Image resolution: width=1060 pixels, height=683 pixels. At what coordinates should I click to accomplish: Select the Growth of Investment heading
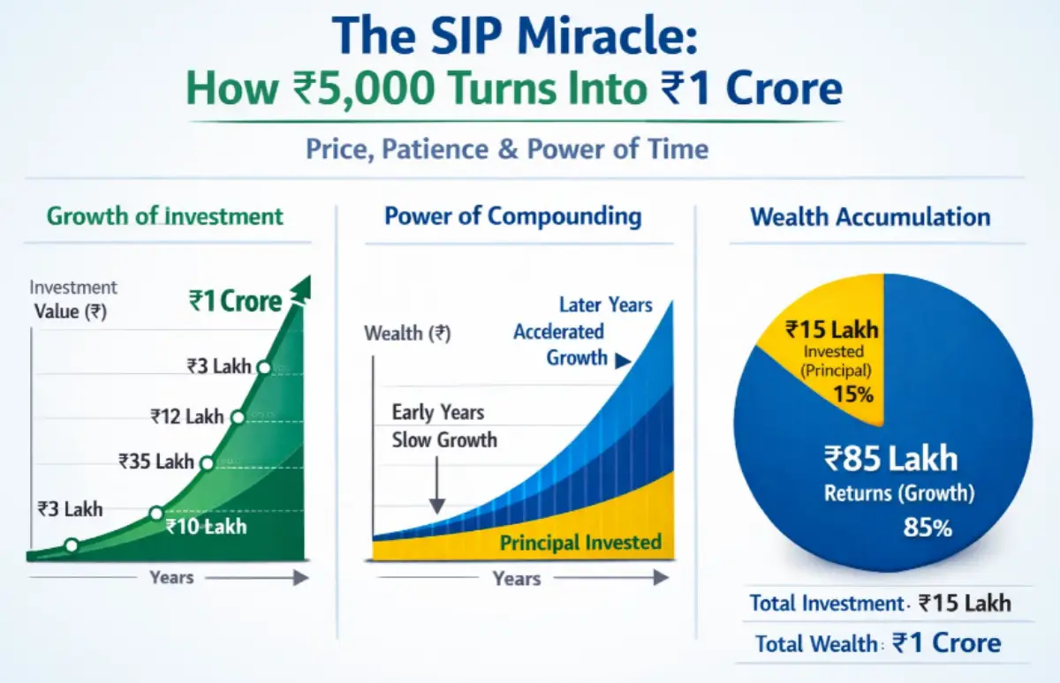tap(165, 216)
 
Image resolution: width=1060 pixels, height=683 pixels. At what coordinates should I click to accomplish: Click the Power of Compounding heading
tap(513, 216)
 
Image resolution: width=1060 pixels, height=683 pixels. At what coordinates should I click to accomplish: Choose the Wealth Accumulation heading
tap(870, 217)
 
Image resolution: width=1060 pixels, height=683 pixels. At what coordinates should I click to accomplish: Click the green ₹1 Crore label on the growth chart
tap(235, 301)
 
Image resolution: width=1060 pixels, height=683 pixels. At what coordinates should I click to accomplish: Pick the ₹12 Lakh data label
tap(186, 416)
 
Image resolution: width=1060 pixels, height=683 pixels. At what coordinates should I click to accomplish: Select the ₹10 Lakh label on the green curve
tap(206, 527)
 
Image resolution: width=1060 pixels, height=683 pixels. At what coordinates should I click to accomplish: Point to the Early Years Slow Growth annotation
tap(444, 426)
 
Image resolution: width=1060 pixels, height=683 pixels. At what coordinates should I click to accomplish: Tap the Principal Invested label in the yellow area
tap(580, 542)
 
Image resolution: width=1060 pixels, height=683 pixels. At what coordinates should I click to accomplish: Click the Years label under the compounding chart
tap(517, 579)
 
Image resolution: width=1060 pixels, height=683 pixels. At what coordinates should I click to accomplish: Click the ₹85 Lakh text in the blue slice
tap(890, 459)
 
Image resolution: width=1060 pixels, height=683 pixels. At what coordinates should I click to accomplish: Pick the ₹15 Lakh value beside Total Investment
tap(965, 604)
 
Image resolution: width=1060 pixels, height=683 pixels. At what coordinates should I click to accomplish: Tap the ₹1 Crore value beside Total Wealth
tap(947, 642)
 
